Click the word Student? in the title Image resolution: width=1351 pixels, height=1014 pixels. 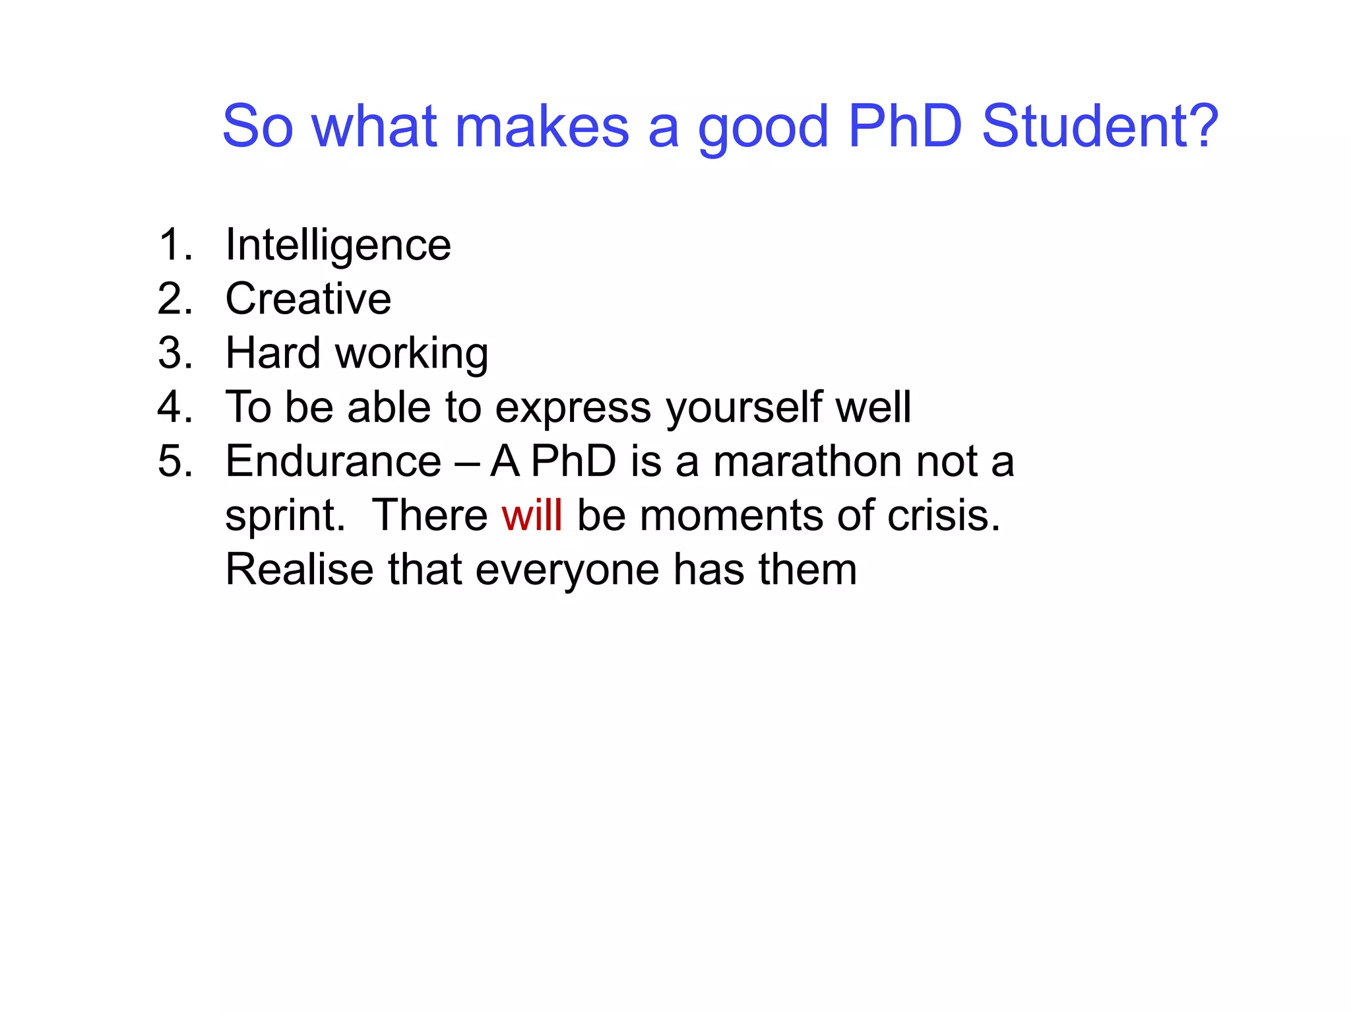(x=1100, y=126)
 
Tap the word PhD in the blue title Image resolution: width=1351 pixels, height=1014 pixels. (x=905, y=126)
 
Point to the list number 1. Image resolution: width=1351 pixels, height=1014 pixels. (x=174, y=245)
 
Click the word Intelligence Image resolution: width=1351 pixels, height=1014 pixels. (x=338, y=246)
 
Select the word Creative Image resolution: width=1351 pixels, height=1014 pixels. (x=308, y=299)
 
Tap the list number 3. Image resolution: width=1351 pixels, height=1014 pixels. (x=174, y=353)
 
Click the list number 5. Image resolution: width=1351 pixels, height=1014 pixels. (x=174, y=461)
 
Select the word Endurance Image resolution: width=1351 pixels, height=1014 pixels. (x=333, y=461)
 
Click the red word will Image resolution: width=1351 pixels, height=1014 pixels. (x=532, y=516)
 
